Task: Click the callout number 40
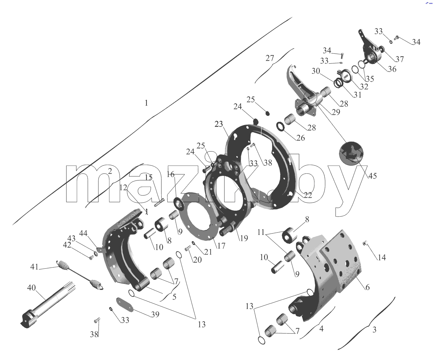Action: click(x=31, y=288)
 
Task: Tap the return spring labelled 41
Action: click(x=80, y=274)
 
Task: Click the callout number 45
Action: click(x=372, y=176)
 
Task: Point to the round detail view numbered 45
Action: click(x=351, y=153)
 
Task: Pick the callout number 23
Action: click(x=219, y=124)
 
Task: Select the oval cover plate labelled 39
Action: click(x=125, y=304)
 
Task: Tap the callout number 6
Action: click(x=367, y=287)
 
